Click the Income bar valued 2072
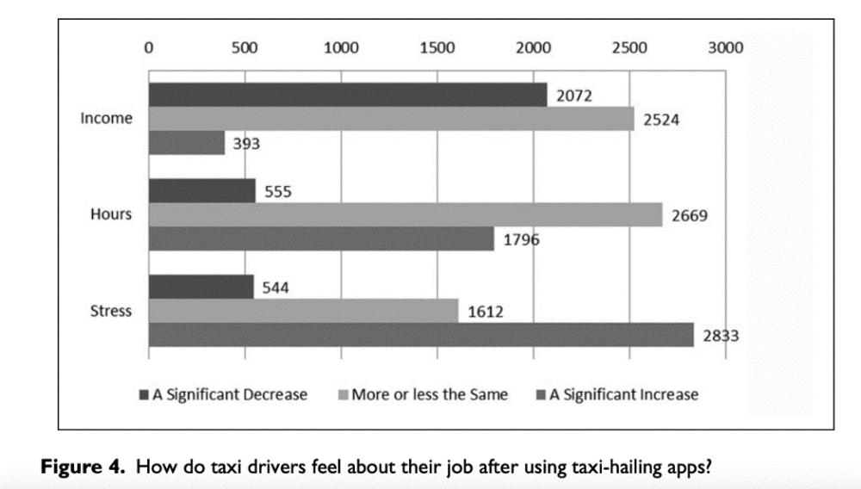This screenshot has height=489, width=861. pyautogui.click(x=348, y=95)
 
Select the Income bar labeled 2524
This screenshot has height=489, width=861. pyautogui.click(x=391, y=119)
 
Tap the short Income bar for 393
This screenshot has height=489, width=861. pyautogui.click(x=186, y=143)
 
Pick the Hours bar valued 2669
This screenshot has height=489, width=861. pyautogui.click(x=405, y=214)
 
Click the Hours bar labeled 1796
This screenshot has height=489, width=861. pyautogui.click(x=321, y=238)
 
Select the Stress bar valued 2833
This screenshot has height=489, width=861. pyautogui.click(x=421, y=334)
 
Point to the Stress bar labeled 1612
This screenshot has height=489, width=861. pyautogui.click(x=303, y=310)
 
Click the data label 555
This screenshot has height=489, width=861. pyautogui.click(x=277, y=192)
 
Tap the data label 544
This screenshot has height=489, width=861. pyautogui.click(x=275, y=288)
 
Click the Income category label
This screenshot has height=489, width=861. pyautogui.click(x=107, y=119)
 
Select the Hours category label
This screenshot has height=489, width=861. pyautogui.click(x=111, y=214)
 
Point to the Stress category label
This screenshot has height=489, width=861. pyautogui.click(x=111, y=310)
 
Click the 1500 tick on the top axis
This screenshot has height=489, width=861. pyautogui.click(x=437, y=48)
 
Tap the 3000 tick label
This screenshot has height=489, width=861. pyautogui.click(x=725, y=48)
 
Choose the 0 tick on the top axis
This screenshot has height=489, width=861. pyautogui.click(x=149, y=48)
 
